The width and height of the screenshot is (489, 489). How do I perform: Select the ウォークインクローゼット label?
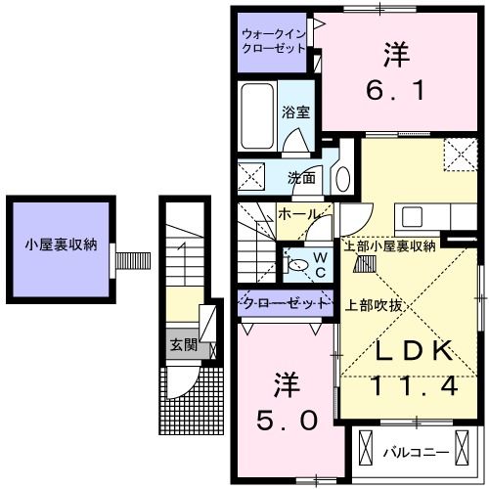(275, 43)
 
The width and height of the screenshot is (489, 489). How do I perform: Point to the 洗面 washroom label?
(300, 178)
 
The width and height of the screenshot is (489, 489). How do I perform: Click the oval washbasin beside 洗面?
(341, 179)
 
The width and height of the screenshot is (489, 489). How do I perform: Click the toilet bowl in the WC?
(294, 263)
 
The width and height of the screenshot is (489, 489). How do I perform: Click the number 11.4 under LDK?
(412, 386)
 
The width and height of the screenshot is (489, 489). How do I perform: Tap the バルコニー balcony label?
(416, 454)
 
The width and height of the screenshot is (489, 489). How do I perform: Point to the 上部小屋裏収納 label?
(390, 245)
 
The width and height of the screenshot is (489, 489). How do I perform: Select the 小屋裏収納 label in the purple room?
(61, 245)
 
